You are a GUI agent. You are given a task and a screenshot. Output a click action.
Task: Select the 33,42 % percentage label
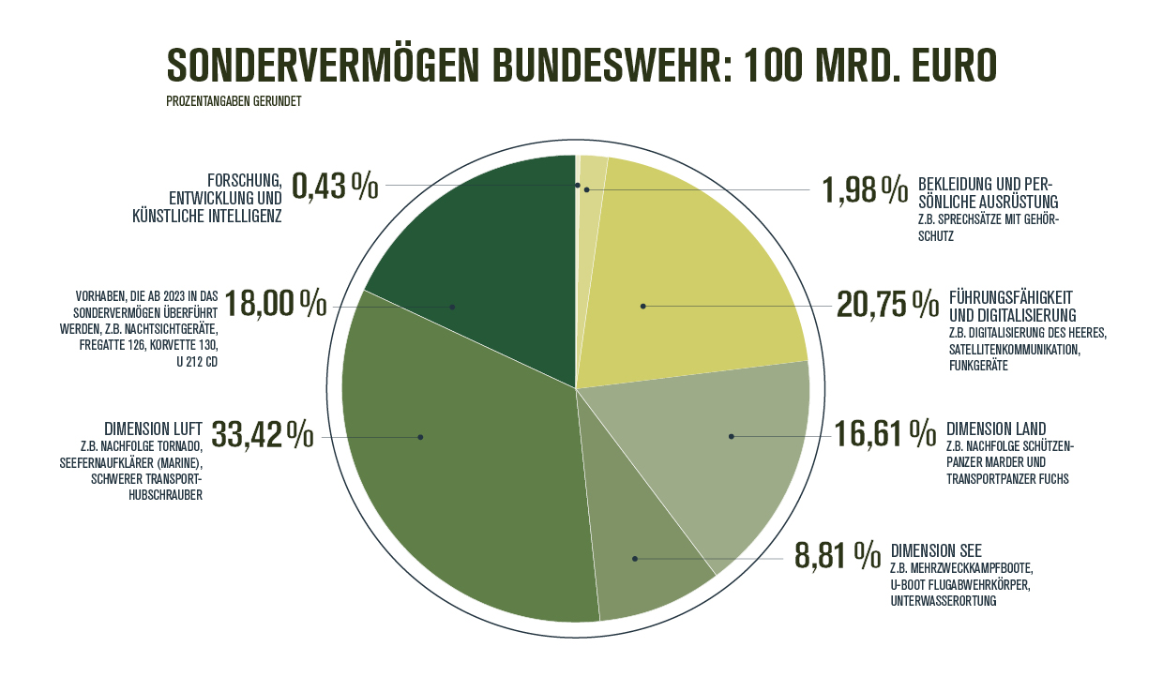(x=263, y=435)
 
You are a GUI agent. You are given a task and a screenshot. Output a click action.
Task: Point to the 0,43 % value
(x=335, y=186)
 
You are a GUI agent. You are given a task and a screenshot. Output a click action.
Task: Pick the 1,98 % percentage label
(x=865, y=189)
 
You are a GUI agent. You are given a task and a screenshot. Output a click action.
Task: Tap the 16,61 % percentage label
(x=885, y=434)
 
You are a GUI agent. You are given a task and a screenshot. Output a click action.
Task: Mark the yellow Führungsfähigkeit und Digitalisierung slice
(x=694, y=281)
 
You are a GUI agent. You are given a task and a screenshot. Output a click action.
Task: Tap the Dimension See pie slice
(x=647, y=563)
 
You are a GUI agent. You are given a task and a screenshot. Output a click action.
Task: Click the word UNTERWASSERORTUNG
(x=944, y=601)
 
